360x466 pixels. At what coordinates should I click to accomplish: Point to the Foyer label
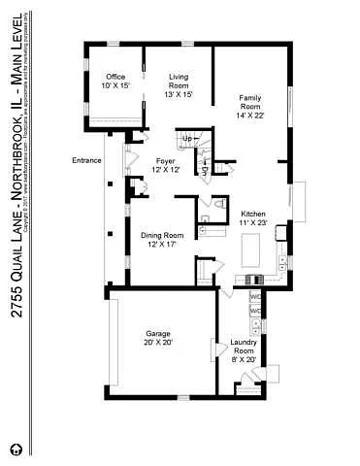(x=165, y=165)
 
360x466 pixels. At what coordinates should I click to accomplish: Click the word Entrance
(x=86, y=160)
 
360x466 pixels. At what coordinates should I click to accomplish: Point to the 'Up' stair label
(x=186, y=139)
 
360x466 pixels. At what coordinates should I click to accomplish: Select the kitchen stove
(x=254, y=280)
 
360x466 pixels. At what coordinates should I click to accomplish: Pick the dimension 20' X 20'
(x=158, y=343)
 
